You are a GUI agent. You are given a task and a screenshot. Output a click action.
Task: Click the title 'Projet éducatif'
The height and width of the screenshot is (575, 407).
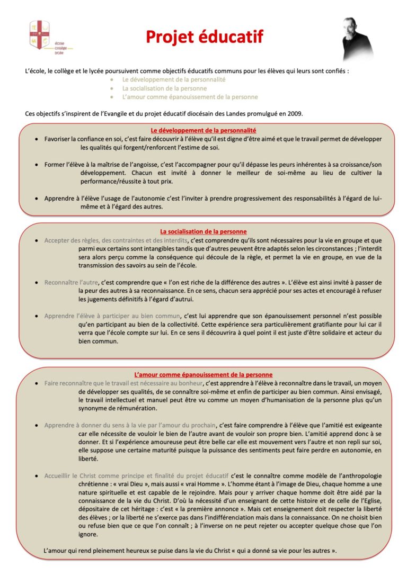(x=204, y=37)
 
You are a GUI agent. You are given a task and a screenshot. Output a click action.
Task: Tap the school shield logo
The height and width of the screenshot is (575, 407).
(x=40, y=34)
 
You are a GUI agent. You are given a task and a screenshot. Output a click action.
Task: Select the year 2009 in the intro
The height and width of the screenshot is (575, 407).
(x=294, y=114)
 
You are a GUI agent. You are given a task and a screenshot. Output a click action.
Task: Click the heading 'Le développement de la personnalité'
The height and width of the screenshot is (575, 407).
(x=203, y=130)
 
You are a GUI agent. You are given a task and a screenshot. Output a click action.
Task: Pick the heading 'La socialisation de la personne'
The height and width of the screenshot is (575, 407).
(x=203, y=231)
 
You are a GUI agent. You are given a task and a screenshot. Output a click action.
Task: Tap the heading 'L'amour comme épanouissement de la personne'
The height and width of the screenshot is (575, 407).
(x=203, y=374)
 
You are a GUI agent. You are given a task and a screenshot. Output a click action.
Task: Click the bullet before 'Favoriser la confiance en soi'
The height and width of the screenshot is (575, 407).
(x=36, y=139)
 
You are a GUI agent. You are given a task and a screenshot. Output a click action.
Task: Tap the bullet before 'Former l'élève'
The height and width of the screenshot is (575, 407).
(x=36, y=164)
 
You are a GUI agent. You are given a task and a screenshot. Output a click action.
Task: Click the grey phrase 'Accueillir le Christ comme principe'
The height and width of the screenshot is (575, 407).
(x=136, y=476)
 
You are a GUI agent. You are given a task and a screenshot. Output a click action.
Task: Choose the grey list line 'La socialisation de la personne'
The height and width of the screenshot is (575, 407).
(x=157, y=88)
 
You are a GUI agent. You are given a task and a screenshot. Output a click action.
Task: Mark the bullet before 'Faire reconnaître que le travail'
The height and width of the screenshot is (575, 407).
(x=36, y=383)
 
